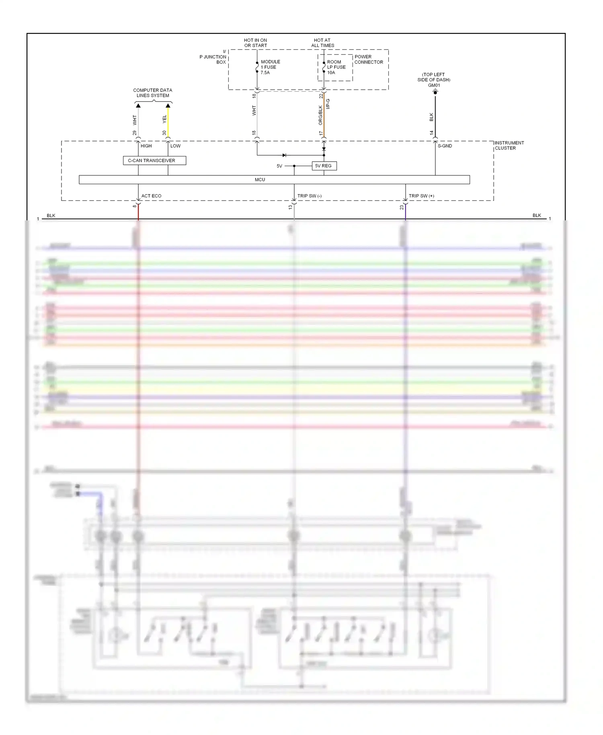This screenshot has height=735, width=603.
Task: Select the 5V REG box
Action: point(324,166)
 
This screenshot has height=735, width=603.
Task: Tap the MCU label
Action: point(260,180)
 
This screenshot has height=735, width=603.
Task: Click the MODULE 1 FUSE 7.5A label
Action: point(270,67)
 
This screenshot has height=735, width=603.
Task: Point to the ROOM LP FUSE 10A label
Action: point(336,67)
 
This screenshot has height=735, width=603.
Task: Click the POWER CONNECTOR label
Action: point(369,60)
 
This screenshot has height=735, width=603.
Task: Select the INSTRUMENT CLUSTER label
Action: point(509,146)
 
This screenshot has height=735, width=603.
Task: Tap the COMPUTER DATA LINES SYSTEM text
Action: point(153,93)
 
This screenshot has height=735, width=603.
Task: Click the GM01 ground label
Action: point(434,85)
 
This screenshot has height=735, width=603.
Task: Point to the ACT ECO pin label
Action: point(151,196)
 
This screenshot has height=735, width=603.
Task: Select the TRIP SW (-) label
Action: point(309,196)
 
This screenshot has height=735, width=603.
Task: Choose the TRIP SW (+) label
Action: point(421,196)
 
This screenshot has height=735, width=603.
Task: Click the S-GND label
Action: point(445,146)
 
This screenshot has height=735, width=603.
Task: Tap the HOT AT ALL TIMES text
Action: point(322,43)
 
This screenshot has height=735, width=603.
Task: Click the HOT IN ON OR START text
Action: point(256,43)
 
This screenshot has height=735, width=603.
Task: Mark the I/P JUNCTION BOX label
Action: point(214,57)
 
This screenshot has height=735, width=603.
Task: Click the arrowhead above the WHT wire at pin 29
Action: point(138,106)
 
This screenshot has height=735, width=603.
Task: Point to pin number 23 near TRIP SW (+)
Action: point(402,207)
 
